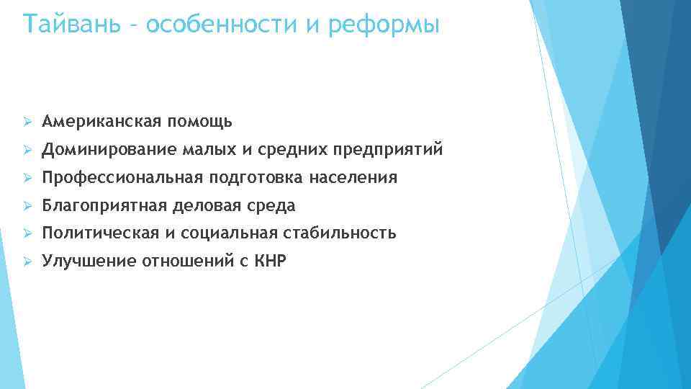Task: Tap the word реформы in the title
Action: point(384,25)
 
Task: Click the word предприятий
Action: point(388,149)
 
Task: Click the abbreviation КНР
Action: point(269,261)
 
